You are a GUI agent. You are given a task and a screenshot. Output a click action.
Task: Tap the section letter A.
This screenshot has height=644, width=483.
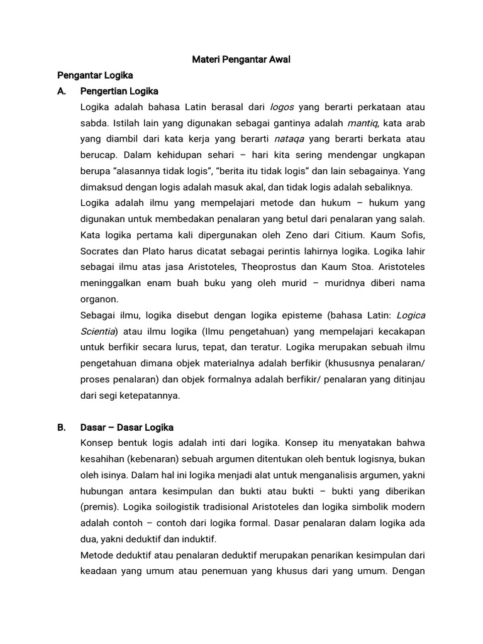coord(61,91)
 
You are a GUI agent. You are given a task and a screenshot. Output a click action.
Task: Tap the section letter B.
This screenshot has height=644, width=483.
coord(61,428)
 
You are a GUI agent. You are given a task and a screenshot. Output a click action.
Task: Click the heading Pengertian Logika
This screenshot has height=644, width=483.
coord(119,91)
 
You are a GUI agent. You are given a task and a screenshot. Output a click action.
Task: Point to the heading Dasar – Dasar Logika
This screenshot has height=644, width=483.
coord(127,428)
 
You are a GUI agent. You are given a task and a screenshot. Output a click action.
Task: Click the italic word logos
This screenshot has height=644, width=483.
coord(282,107)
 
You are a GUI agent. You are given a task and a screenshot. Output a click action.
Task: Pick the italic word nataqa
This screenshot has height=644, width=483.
coord(289,138)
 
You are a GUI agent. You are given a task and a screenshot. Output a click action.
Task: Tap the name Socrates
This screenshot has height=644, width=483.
coord(101,251)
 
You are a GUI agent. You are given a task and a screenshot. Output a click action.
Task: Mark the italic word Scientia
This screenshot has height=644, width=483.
coord(98,331)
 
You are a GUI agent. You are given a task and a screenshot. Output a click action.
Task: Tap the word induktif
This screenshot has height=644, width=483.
coord(197,539)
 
